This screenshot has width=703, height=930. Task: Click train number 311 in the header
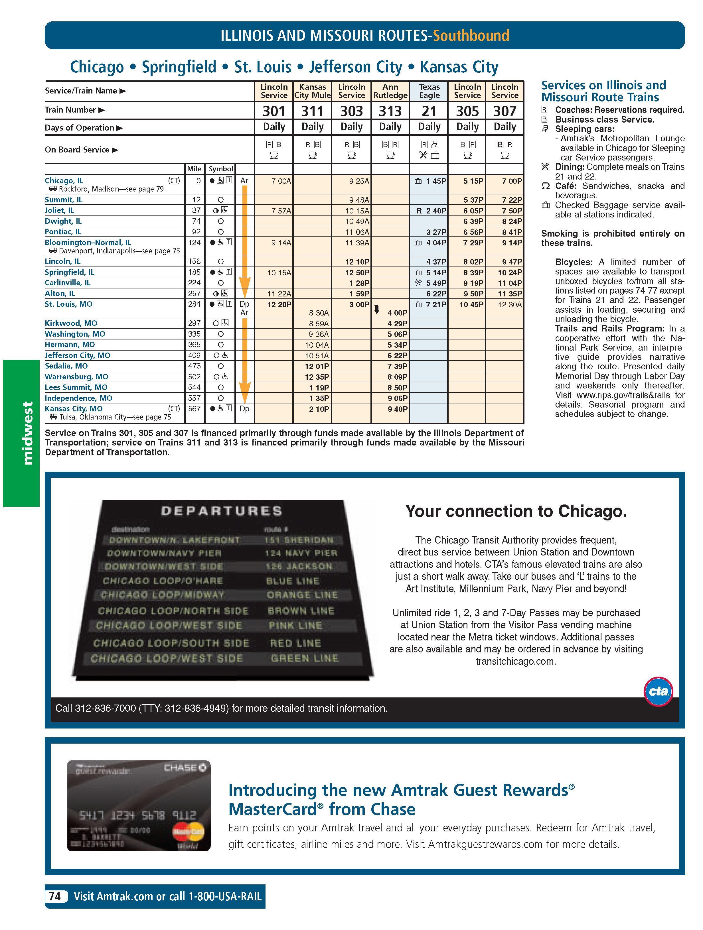(x=312, y=111)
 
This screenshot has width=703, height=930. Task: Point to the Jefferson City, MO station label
(x=77, y=355)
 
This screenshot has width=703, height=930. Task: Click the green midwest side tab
(x=21, y=433)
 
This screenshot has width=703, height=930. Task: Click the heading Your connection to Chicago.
(x=516, y=511)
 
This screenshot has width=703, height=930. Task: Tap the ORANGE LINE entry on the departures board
(x=303, y=595)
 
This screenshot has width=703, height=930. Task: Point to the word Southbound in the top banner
(x=471, y=36)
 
